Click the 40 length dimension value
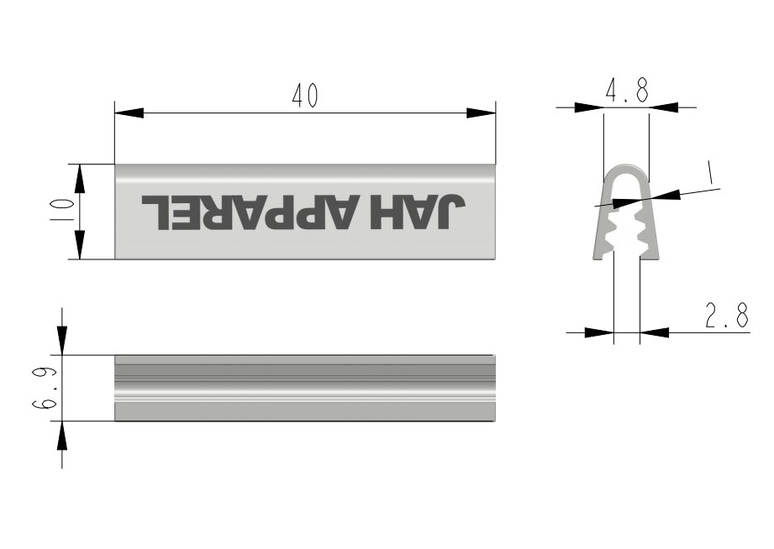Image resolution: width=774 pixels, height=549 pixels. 305,96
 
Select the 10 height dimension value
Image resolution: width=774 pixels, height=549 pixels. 62,210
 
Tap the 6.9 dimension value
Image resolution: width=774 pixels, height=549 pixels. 45,388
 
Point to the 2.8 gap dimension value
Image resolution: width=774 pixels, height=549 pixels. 727,316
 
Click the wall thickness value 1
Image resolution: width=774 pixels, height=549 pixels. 709,173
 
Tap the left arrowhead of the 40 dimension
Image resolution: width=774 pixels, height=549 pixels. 129,113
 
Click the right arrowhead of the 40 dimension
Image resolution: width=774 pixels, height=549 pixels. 481,113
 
